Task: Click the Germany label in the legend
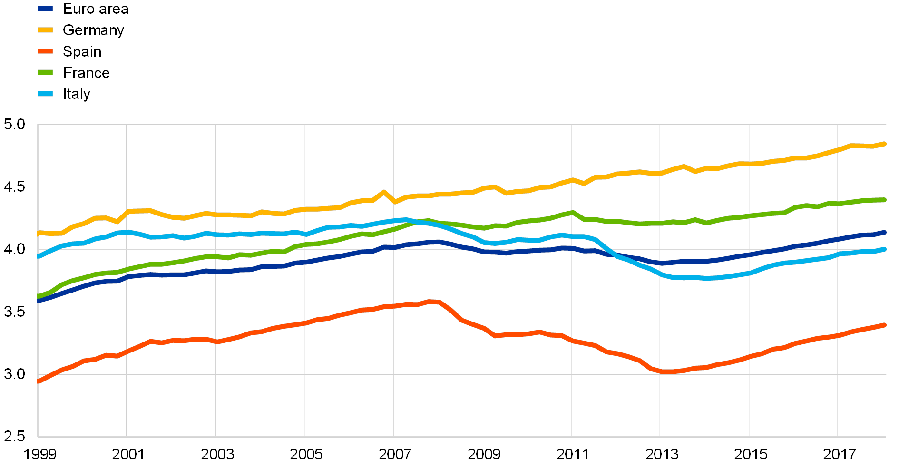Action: (x=93, y=30)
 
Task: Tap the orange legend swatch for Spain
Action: (x=45, y=51)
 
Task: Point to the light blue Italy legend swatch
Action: (x=45, y=94)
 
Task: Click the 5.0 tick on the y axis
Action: (x=14, y=125)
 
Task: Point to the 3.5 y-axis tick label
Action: (x=14, y=312)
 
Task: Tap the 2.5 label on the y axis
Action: (x=14, y=436)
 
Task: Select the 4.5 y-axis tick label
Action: (x=14, y=187)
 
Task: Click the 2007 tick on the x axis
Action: (x=394, y=455)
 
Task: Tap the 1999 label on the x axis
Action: (x=40, y=455)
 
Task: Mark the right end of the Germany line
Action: (x=884, y=144)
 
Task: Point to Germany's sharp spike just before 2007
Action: (x=384, y=192)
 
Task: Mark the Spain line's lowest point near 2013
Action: (x=666, y=371)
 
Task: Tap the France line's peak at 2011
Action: (x=572, y=213)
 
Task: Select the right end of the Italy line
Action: (x=884, y=249)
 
